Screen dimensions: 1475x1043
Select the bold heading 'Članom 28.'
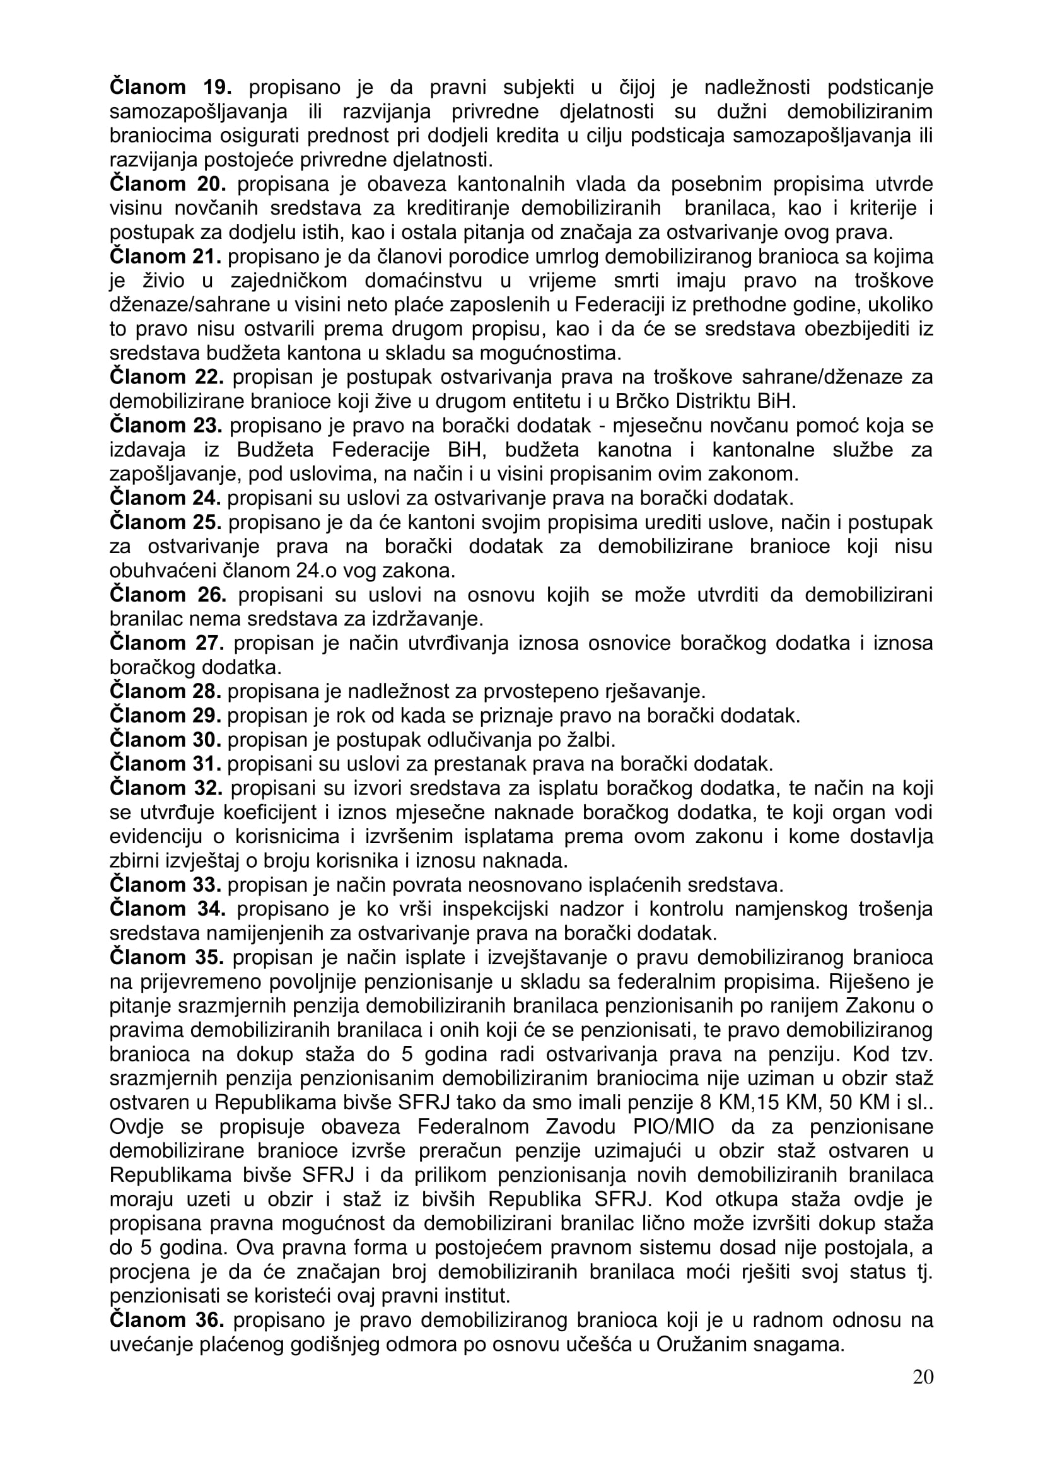(x=166, y=692)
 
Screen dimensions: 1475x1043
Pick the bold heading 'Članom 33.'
(x=166, y=885)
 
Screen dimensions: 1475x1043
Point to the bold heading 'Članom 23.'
(x=166, y=425)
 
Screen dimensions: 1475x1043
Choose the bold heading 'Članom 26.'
(x=168, y=595)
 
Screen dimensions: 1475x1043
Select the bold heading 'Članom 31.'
(x=166, y=764)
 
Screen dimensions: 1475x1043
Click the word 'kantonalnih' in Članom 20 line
(x=510, y=184)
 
